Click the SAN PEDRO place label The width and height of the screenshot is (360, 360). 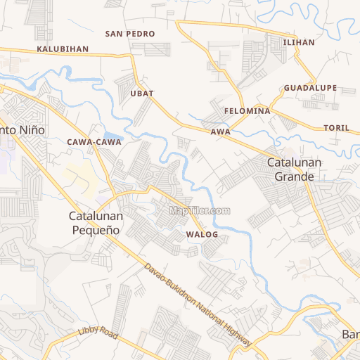130,34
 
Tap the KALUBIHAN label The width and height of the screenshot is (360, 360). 63,49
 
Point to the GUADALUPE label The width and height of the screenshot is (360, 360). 311,88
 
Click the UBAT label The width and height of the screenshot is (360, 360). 141,93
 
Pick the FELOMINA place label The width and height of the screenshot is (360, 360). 247,112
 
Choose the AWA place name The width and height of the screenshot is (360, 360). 220,132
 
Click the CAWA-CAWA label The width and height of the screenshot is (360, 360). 94,142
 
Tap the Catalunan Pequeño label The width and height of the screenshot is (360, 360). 96,223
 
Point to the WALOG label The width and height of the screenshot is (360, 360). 202,234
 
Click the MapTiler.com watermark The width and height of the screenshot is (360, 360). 200,210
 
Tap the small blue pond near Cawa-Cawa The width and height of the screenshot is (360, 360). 112,136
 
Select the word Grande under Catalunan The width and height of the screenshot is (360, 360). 294,176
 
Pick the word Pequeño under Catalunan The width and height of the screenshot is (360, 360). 96,230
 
